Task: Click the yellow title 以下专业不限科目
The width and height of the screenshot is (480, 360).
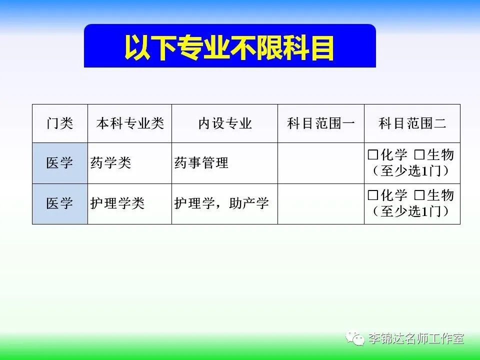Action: click(229, 47)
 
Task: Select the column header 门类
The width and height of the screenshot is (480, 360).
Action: click(59, 123)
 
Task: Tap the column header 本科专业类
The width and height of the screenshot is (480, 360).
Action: click(130, 123)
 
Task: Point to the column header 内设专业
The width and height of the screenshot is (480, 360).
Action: click(225, 123)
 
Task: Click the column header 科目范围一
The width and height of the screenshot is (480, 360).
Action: click(321, 123)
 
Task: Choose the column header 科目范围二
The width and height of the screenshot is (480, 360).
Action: click(412, 123)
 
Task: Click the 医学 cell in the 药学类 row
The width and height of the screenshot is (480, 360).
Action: click(59, 162)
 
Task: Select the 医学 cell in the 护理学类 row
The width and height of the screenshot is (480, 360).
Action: click(59, 203)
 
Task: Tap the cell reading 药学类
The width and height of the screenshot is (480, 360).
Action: click(110, 162)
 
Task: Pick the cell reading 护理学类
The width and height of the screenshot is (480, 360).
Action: click(117, 203)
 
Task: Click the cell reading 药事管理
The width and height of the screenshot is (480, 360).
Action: click(201, 162)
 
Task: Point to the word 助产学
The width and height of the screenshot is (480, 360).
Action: click(249, 203)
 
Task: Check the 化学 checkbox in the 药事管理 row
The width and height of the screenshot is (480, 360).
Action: click(373, 154)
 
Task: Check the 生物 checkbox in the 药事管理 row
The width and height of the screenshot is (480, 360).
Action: click(419, 154)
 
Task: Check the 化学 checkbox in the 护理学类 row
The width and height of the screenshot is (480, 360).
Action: click(373, 195)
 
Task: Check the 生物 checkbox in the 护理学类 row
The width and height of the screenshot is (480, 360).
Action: click(419, 195)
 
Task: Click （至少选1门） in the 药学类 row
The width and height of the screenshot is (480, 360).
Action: click(411, 171)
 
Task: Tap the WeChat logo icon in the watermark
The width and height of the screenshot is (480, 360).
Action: click(355, 337)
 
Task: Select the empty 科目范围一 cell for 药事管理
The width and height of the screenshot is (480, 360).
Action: click(321, 163)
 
